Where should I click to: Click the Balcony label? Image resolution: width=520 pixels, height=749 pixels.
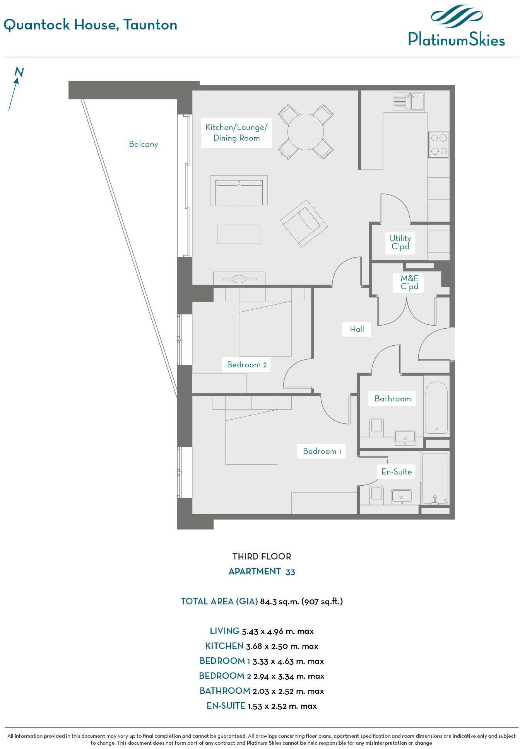pos(144,144)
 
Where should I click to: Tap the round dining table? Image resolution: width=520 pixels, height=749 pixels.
pos(306,132)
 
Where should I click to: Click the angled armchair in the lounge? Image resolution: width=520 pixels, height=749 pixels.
pos(304,223)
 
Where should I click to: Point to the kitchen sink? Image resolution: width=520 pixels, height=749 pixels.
pos(409,101)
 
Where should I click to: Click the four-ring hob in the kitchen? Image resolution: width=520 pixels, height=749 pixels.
pos(439,145)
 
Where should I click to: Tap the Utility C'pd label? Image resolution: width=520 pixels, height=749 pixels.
pos(400,242)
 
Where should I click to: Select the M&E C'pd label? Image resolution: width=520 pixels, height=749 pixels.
pos(409,282)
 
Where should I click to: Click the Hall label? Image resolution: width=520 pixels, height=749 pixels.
pos(357,329)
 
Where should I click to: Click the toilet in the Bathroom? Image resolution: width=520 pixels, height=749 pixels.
pos(376,426)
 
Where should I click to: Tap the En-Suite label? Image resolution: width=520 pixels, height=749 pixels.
pos(397,471)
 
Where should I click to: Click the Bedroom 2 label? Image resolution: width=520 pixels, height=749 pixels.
pos(247,365)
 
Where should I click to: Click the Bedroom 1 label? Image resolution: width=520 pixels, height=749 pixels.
pos(322,451)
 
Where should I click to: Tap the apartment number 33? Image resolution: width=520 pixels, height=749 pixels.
pos(290,572)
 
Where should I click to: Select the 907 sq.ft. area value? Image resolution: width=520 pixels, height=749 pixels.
pos(322,602)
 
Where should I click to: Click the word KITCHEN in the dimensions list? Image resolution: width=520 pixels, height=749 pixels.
pos(224,646)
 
